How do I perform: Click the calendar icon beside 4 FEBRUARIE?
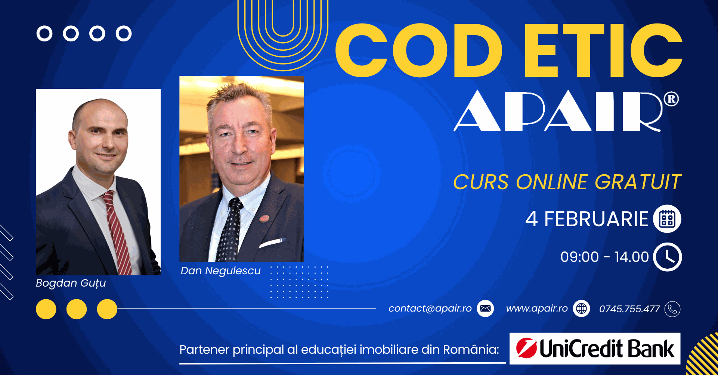(667, 219)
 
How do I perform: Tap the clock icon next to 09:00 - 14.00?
(668, 257)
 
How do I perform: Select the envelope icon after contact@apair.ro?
(485, 309)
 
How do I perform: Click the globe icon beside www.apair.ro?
(582, 309)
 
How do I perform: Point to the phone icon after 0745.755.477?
(672, 309)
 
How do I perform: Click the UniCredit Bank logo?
(595, 349)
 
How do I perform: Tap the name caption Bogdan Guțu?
(71, 283)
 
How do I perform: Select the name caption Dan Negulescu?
(220, 271)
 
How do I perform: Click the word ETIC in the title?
(603, 50)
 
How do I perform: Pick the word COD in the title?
(419, 50)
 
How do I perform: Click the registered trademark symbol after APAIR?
(671, 99)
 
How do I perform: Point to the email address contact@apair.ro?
(430, 309)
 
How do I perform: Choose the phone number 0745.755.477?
(629, 309)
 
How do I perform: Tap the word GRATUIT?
(638, 182)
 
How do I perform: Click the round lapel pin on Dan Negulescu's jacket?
(264, 218)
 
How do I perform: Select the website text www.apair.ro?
(537, 309)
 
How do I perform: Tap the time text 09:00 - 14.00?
(604, 257)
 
